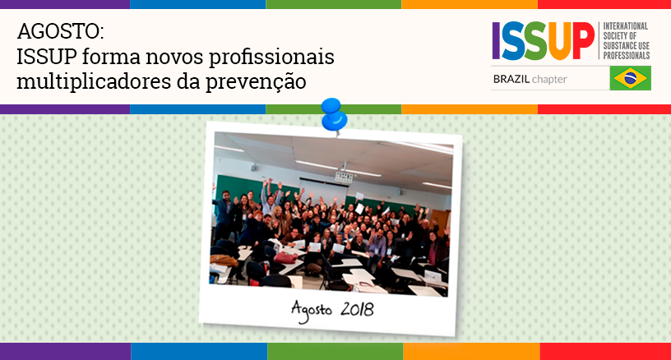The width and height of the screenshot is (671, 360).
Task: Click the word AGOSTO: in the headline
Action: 60,31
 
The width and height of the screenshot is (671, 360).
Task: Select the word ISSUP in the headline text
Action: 47,57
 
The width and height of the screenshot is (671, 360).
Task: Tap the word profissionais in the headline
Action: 271,58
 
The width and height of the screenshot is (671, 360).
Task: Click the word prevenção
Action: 256,82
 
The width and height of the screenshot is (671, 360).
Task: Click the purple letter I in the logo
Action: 496,40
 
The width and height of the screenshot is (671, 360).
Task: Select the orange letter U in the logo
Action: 560,41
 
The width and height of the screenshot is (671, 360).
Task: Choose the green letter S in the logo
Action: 535,41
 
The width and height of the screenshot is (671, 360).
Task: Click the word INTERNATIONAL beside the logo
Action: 625,26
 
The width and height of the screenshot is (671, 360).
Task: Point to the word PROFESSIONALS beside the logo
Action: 627,56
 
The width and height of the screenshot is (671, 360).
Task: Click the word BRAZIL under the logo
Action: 511,79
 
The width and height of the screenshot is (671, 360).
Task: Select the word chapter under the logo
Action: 549,80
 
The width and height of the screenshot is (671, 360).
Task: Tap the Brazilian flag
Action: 631,78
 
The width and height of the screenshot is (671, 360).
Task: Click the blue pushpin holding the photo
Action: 334,114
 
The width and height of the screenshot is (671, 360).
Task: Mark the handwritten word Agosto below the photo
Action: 311,310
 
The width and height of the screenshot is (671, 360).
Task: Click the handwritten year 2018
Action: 357,309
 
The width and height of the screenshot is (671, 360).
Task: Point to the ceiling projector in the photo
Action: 344,176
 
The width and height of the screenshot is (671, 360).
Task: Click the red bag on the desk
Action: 285,258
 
